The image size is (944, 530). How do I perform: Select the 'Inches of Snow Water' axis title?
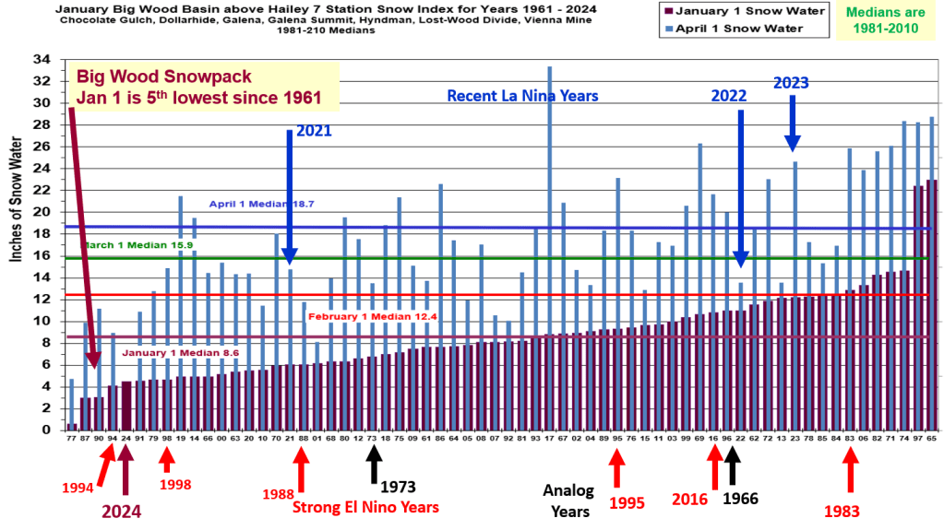(16, 200)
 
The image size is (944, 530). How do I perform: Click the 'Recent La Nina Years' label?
(522, 95)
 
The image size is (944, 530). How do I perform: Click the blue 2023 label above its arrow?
(791, 82)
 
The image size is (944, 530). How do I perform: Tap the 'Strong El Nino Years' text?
(364, 506)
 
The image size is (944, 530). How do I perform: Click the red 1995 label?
(627, 502)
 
